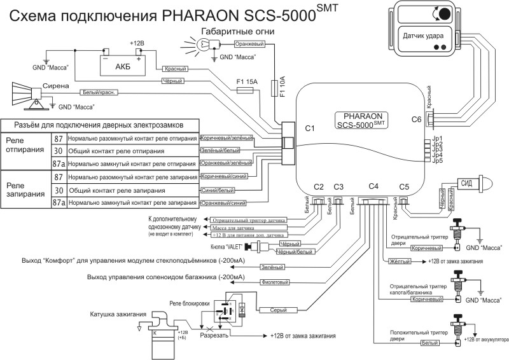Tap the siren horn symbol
[x=25, y=93]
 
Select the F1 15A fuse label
[x=246, y=81]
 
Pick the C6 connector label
[x=416, y=119]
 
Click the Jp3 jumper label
[x=436, y=149]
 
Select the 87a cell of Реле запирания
[x=59, y=203]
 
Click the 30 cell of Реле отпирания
[x=59, y=151]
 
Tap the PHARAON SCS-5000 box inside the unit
[x=365, y=121]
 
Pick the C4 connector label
[x=373, y=186]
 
